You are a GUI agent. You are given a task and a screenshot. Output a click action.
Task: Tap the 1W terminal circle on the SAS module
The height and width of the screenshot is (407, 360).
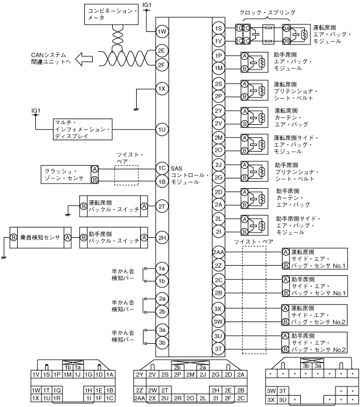point(162,32)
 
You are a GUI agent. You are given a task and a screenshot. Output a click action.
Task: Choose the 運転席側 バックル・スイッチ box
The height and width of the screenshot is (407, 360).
point(113,206)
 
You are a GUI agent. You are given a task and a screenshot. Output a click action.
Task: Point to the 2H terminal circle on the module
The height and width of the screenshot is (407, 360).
point(162,238)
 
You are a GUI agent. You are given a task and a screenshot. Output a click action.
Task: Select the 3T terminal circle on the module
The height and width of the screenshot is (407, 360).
point(219,348)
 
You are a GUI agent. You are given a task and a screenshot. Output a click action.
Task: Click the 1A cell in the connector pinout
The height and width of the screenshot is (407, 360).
point(111,375)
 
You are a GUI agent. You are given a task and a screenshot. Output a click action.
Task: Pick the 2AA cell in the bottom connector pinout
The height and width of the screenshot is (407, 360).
point(139,398)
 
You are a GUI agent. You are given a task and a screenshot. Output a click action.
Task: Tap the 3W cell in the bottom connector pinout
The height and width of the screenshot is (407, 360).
point(271,390)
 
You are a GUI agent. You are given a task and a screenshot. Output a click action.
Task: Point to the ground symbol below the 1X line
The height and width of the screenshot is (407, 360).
point(136,108)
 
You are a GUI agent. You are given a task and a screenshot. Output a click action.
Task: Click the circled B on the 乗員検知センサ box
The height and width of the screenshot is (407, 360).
point(13,237)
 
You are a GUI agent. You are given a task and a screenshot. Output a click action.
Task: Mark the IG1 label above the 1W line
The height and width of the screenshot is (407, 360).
point(146,5)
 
